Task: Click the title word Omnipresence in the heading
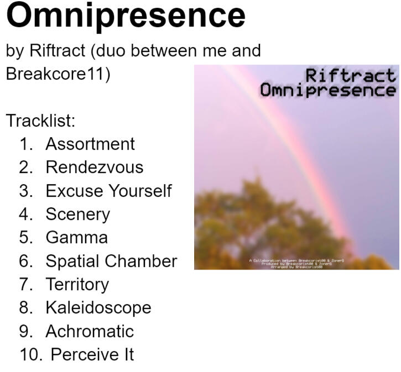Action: pos(126,15)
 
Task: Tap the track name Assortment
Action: pos(90,144)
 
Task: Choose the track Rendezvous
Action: pos(94,167)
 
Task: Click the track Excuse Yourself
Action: pos(108,191)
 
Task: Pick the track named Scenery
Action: pos(77,214)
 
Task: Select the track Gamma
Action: pos(76,238)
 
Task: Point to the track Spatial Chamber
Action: pos(111,261)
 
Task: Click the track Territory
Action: pos(77,284)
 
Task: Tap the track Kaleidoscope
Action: pos(98,307)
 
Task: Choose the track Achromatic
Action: pos(90,331)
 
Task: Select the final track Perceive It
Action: pos(92,354)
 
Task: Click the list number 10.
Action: pos(30,354)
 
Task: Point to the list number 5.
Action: pos(26,238)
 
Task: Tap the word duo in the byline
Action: pos(116,51)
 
